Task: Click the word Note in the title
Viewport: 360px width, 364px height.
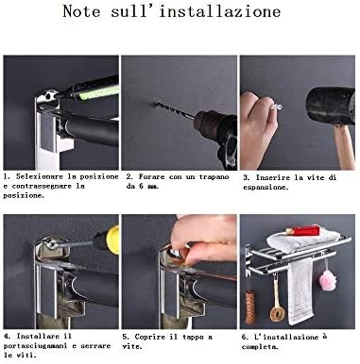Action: point(81,11)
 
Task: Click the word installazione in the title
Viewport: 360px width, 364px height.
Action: point(220,11)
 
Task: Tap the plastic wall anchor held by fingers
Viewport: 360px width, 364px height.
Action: point(277,107)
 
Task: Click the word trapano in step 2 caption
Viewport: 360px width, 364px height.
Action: point(214,177)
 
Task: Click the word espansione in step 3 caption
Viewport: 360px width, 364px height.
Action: point(266,187)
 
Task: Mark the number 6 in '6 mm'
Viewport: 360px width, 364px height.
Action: point(141,186)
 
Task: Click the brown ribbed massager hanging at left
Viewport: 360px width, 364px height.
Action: point(251,307)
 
